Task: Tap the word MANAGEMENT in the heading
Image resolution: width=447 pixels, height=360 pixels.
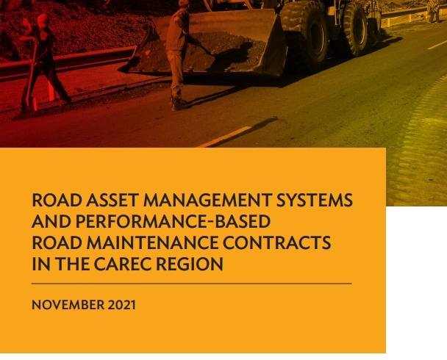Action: tap(200, 200)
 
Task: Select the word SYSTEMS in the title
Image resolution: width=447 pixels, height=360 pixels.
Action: tap(312, 200)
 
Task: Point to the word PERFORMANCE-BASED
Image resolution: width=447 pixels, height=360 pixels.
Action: tap(163, 221)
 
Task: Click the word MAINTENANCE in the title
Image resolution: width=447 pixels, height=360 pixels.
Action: tap(149, 242)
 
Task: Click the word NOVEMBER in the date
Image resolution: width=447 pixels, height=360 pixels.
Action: tap(64, 304)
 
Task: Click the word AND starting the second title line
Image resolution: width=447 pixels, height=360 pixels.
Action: tap(49, 221)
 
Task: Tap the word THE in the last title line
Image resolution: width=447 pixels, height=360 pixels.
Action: tap(71, 264)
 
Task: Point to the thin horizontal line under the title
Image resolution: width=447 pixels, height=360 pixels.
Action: tap(192, 284)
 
